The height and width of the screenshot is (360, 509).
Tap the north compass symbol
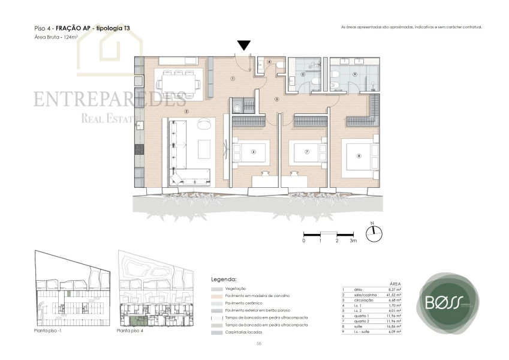tap(374, 233)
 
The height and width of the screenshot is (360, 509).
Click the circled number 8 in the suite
tap(359, 156)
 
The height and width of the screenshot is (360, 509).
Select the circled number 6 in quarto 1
tap(254, 152)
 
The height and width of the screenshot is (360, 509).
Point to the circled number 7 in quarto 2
tap(306, 152)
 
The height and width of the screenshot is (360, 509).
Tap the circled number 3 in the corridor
tap(276, 99)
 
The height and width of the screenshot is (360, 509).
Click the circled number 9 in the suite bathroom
tap(354, 74)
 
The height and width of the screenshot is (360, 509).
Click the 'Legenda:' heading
tap(224, 280)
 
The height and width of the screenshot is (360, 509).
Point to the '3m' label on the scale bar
tap(354, 241)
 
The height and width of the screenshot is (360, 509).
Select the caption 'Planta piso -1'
tap(49, 331)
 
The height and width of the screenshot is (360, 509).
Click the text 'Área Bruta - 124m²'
tap(57, 37)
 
